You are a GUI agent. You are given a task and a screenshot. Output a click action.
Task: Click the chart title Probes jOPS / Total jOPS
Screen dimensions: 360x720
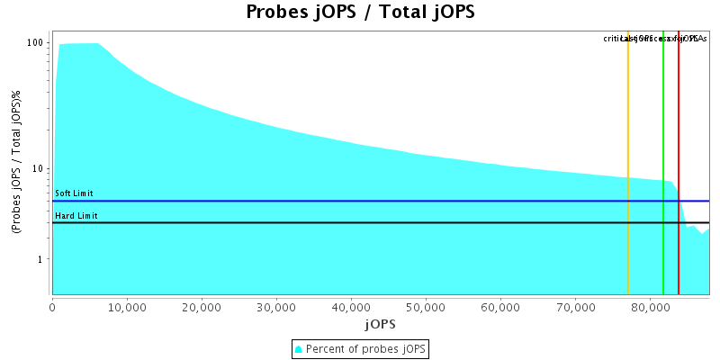point(360,13)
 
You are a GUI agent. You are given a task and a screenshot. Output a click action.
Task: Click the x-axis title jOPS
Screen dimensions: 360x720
point(380,323)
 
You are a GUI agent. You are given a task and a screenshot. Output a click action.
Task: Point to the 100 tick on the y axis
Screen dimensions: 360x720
point(36,43)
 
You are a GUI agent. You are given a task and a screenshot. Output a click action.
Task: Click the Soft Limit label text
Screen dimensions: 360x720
point(74,193)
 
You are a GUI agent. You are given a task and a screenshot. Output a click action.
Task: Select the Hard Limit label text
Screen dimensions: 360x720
point(76,216)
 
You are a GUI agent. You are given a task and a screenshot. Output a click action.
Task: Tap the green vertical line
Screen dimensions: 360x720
point(663,135)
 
